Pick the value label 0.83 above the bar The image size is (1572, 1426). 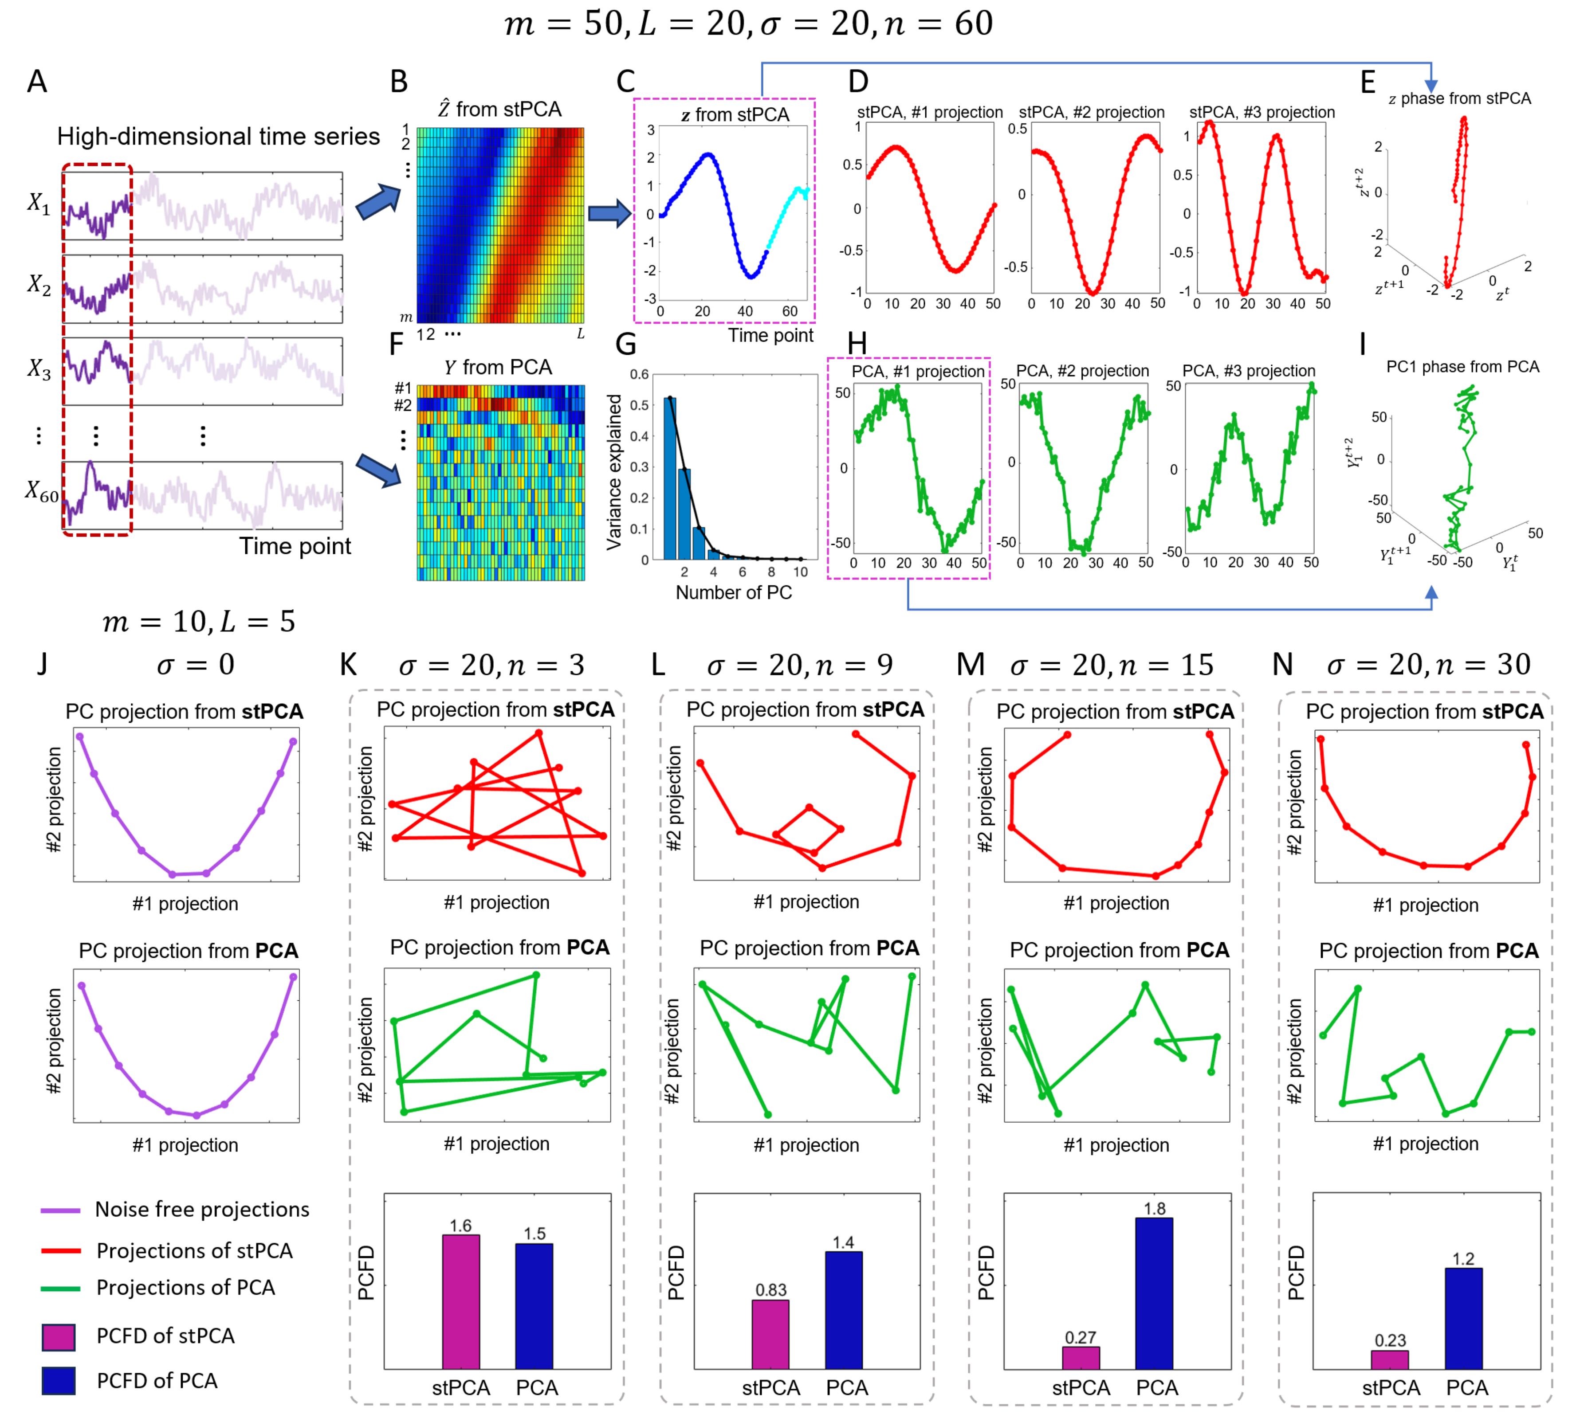770,1289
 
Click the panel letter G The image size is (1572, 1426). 625,344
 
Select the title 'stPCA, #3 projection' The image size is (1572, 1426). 1262,112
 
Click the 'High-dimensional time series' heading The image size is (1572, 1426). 218,137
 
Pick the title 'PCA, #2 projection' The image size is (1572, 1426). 1082,371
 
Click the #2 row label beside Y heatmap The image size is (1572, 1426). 402,405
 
